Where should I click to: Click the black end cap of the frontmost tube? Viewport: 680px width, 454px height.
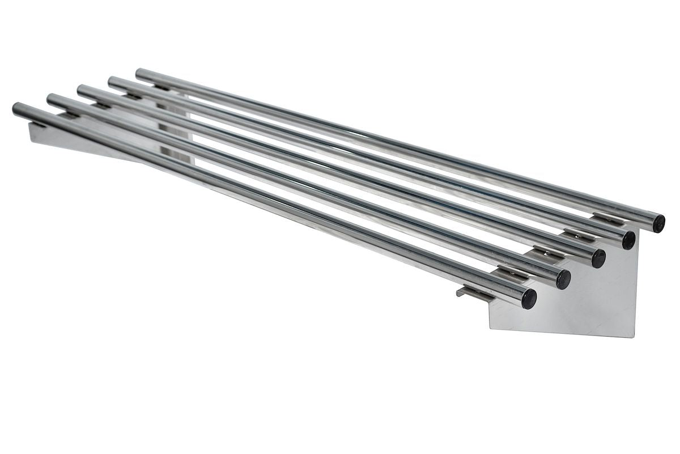coord(529,299)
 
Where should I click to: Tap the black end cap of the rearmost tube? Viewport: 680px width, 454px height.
coord(658,223)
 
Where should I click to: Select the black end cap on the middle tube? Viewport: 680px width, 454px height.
coord(598,258)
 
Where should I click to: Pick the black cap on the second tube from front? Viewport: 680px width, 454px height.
coord(563,279)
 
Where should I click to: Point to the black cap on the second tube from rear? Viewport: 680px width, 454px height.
coord(628,240)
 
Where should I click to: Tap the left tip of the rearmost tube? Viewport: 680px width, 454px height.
coord(139,73)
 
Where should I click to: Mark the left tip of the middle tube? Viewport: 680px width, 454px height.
coord(80,90)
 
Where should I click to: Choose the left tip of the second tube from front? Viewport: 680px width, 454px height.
coord(50,99)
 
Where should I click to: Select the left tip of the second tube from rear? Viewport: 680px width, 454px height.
coord(111,81)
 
